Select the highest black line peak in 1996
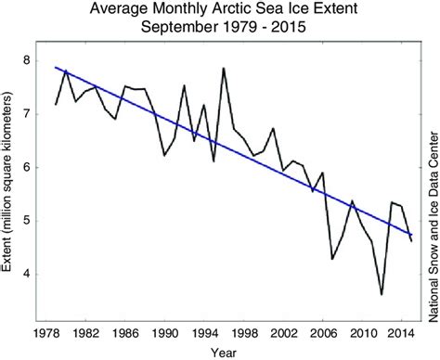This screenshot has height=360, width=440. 224,68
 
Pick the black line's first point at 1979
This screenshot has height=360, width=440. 57,104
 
